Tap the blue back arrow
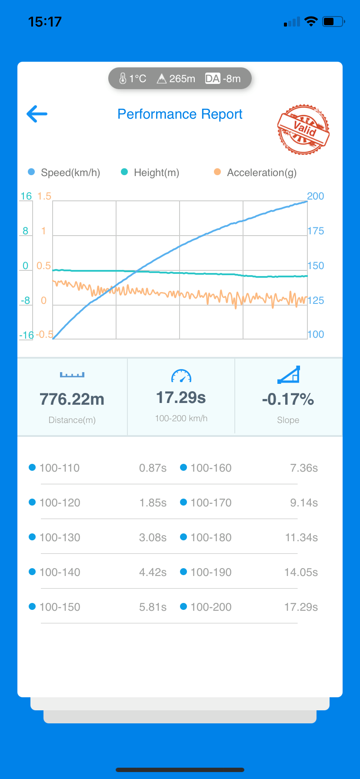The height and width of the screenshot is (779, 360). [37, 114]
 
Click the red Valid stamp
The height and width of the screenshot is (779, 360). [303, 129]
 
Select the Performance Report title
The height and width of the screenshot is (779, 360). [180, 114]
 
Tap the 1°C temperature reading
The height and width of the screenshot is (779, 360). [133, 79]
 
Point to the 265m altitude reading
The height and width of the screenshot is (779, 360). [176, 79]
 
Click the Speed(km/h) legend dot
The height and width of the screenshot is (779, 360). [31, 172]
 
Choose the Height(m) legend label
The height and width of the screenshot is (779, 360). [156, 173]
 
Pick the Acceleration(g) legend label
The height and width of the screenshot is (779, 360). [262, 173]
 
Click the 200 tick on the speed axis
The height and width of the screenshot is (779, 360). [316, 196]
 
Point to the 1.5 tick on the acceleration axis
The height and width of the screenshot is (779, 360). [44, 196]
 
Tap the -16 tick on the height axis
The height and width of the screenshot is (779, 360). [26, 335]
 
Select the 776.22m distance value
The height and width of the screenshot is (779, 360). [72, 399]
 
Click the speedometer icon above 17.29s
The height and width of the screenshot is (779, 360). [181, 376]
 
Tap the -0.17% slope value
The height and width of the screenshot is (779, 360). [288, 399]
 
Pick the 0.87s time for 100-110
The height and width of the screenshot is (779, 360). [153, 468]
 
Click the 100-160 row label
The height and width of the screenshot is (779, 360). [211, 468]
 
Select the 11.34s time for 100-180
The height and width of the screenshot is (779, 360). [301, 538]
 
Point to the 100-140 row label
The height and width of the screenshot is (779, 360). [60, 573]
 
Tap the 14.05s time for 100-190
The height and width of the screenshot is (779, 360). [301, 573]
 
